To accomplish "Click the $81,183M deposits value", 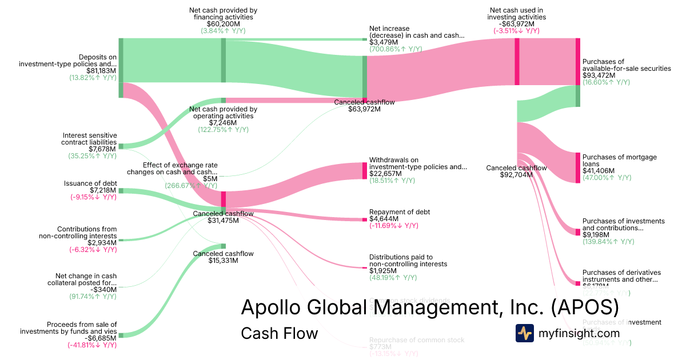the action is tap(100, 71).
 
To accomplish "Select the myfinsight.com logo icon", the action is tap(524, 333).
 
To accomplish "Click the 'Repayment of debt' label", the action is tap(400, 212).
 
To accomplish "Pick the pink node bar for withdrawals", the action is tap(364, 170).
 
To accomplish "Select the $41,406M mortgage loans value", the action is tap(599, 171).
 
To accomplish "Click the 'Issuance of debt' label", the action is tap(90, 183).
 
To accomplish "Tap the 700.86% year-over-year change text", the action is tap(395, 49).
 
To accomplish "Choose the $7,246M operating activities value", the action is tap(223, 123).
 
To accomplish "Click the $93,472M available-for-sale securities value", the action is tap(599, 75).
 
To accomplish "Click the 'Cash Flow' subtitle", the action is tap(279, 333).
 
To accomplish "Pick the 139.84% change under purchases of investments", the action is tap(607, 242).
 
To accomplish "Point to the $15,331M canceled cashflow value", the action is tap(223, 261).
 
